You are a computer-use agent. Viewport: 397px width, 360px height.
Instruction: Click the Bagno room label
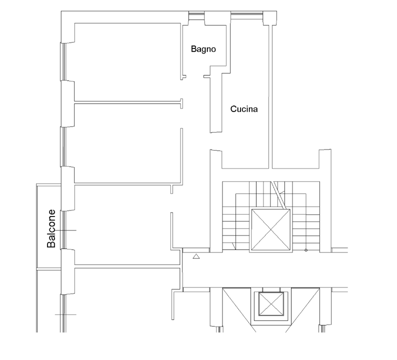(x=203, y=49)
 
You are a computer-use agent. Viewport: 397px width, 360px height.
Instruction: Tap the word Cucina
(x=244, y=109)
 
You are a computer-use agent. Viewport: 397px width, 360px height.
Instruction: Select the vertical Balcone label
(x=51, y=228)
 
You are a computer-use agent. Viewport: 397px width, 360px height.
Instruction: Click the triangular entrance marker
(x=196, y=256)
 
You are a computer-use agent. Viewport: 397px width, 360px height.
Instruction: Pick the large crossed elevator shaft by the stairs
(x=271, y=230)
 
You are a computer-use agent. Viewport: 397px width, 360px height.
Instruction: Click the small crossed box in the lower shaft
(x=271, y=304)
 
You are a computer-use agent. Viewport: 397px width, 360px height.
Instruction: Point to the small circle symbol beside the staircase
(x=306, y=250)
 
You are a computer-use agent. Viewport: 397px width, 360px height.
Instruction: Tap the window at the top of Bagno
(x=196, y=16)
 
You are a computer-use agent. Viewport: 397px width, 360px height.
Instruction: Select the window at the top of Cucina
(x=247, y=16)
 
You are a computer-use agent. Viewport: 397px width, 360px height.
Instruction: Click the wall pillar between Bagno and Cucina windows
(x=217, y=18)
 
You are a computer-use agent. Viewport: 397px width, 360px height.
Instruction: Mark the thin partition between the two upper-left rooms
(x=127, y=102)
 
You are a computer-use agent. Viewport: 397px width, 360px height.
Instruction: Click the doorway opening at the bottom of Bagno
(x=195, y=76)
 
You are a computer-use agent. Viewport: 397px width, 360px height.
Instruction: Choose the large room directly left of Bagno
(x=127, y=62)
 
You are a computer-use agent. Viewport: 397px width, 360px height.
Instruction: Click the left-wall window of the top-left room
(x=63, y=62)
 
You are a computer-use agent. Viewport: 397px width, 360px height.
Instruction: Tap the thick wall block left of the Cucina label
(x=216, y=102)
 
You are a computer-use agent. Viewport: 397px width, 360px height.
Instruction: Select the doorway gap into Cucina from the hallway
(x=216, y=141)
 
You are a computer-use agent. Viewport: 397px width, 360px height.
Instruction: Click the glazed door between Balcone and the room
(x=64, y=229)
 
